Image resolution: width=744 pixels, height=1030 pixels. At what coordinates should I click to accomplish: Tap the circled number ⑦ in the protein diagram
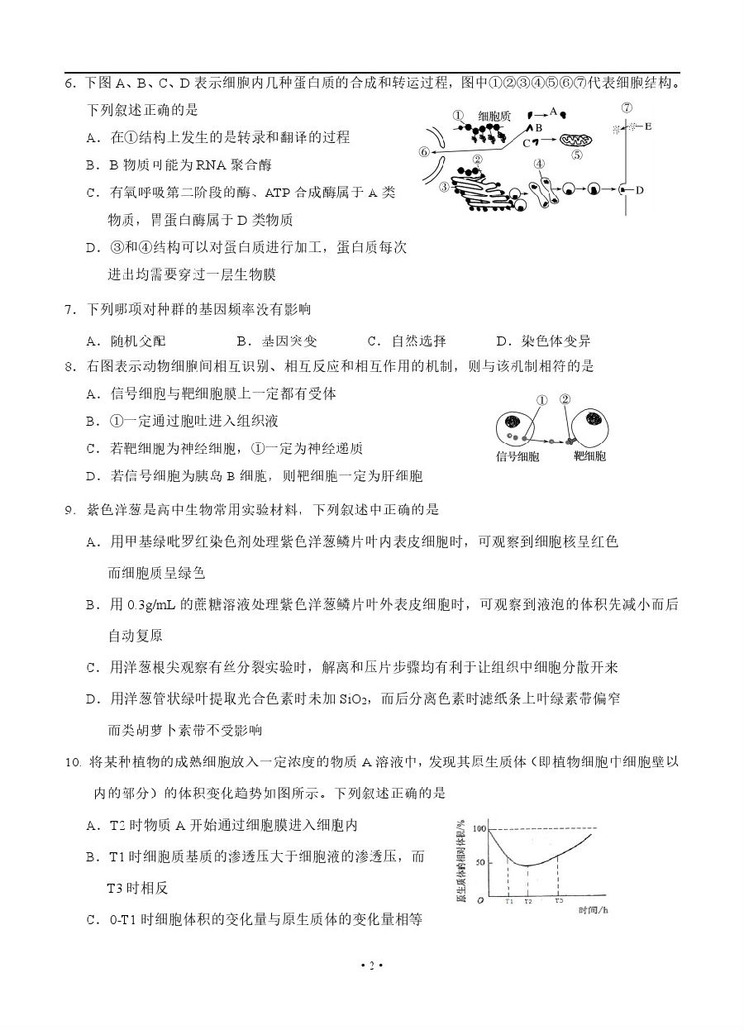(627, 107)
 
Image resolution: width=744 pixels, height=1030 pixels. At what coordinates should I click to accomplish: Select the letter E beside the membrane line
(647, 126)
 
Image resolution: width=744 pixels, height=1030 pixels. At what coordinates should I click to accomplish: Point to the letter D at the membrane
(640, 190)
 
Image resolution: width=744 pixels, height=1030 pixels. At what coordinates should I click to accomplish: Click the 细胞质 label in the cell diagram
(494, 117)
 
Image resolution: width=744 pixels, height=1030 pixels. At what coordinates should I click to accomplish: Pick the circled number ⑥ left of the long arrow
(424, 151)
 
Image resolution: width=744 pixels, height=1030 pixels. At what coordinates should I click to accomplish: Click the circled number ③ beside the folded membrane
(445, 188)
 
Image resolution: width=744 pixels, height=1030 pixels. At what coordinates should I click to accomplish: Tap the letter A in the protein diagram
(554, 112)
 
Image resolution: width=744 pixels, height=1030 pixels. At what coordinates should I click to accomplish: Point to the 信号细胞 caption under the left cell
(518, 456)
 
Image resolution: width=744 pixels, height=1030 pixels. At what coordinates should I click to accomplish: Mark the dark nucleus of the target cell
(594, 419)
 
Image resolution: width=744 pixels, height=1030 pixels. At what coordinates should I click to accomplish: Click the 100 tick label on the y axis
(478, 828)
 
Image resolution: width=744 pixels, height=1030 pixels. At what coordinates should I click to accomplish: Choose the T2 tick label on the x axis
(527, 900)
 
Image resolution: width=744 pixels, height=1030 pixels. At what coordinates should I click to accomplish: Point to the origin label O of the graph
(480, 900)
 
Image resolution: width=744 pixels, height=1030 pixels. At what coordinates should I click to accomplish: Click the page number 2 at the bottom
(372, 966)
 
